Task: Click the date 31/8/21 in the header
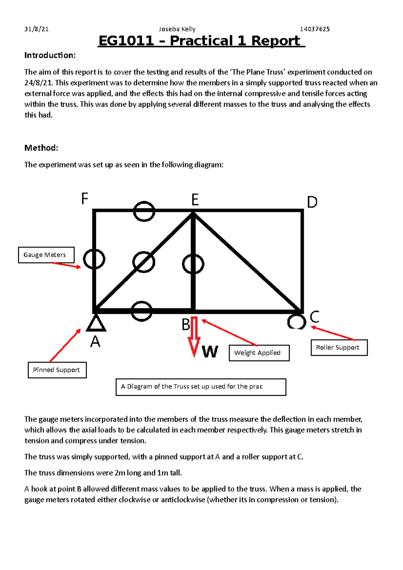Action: [x=36, y=29]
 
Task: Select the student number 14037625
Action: [x=314, y=29]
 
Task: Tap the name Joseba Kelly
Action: [x=177, y=29]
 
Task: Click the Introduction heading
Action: [x=50, y=55]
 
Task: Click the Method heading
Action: [x=41, y=148]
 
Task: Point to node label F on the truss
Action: [x=85, y=198]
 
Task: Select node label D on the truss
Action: [x=312, y=202]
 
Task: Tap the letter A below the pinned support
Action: [x=95, y=342]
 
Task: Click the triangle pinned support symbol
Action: [x=96, y=323]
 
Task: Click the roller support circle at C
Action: [x=297, y=322]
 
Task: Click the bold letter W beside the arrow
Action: [x=210, y=352]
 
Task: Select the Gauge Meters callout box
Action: [x=46, y=255]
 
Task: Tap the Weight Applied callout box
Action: [x=259, y=353]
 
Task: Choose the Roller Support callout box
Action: [x=339, y=347]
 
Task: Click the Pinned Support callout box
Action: [x=57, y=370]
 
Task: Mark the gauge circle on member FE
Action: [x=144, y=211]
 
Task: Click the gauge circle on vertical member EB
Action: [x=193, y=264]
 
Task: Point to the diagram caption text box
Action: [x=201, y=387]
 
